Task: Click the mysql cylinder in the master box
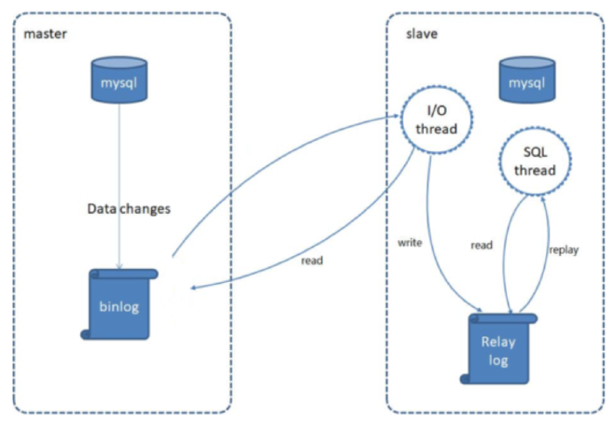pos(119,79)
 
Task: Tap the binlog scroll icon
pos(120,304)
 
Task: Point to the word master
pos(46,34)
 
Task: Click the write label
pos(410,243)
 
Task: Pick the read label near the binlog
pos(312,261)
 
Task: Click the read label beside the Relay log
pos(483,246)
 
